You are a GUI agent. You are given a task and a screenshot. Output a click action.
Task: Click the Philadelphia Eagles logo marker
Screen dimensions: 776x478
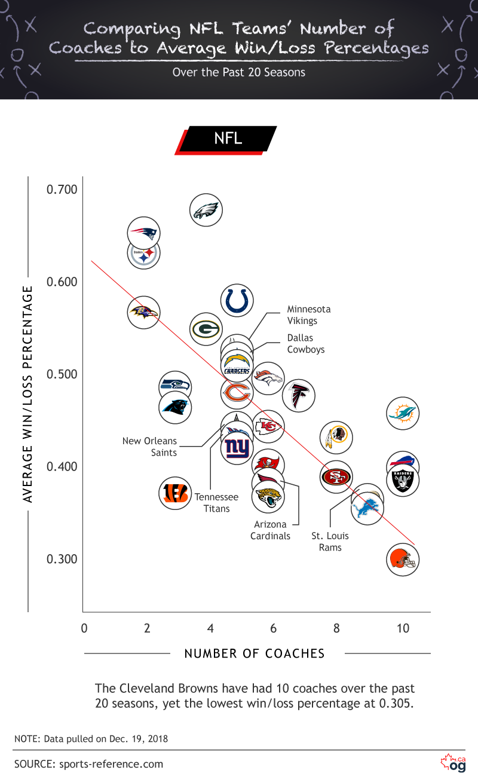click(x=206, y=210)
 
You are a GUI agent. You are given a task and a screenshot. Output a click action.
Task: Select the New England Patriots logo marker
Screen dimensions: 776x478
click(x=143, y=233)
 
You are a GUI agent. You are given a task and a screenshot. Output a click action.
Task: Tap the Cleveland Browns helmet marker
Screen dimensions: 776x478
click(x=402, y=559)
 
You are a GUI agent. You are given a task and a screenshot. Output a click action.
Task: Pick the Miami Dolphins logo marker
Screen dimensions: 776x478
click(x=403, y=413)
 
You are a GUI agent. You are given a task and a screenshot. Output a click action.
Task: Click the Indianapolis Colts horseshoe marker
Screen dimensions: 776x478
click(x=237, y=300)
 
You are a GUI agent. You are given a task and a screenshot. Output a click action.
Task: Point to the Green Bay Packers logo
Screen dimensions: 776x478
click(x=206, y=328)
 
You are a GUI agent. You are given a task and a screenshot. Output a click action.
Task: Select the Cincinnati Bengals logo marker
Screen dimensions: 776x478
click(x=175, y=493)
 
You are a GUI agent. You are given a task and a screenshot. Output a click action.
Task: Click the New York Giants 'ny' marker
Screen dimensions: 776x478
click(x=237, y=448)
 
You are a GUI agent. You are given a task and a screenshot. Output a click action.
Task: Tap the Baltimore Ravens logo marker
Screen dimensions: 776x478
click(x=143, y=311)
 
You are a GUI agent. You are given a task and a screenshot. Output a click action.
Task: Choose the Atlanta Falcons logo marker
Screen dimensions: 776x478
click(x=298, y=395)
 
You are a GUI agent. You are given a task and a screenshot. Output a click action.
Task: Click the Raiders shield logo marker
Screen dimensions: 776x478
click(x=403, y=480)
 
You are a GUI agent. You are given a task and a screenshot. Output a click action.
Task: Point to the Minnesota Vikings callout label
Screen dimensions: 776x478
click(x=308, y=315)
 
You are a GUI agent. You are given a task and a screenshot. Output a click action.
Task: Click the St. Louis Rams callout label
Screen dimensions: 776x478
click(x=330, y=542)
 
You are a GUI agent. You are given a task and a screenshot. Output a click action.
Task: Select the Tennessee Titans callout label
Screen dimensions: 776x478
click(x=216, y=503)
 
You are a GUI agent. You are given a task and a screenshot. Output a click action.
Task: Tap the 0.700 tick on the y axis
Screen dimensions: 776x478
click(x=62, y=190)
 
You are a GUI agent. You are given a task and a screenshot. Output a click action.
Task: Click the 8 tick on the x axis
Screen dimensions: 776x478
click(x=336, y=628)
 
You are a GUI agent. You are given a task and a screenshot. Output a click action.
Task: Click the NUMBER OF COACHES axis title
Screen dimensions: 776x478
click(x=255, y=653)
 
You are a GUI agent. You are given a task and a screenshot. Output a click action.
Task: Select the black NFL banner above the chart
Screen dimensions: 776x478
click(x=228, y=139)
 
